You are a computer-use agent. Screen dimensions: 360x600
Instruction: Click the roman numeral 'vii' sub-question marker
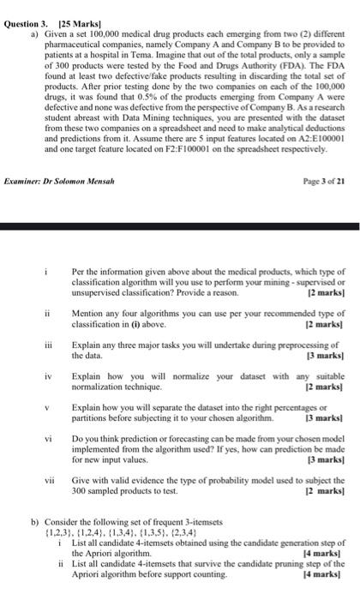click(60, 484)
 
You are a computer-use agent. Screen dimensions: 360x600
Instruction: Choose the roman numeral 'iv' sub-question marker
click(61, 399)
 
